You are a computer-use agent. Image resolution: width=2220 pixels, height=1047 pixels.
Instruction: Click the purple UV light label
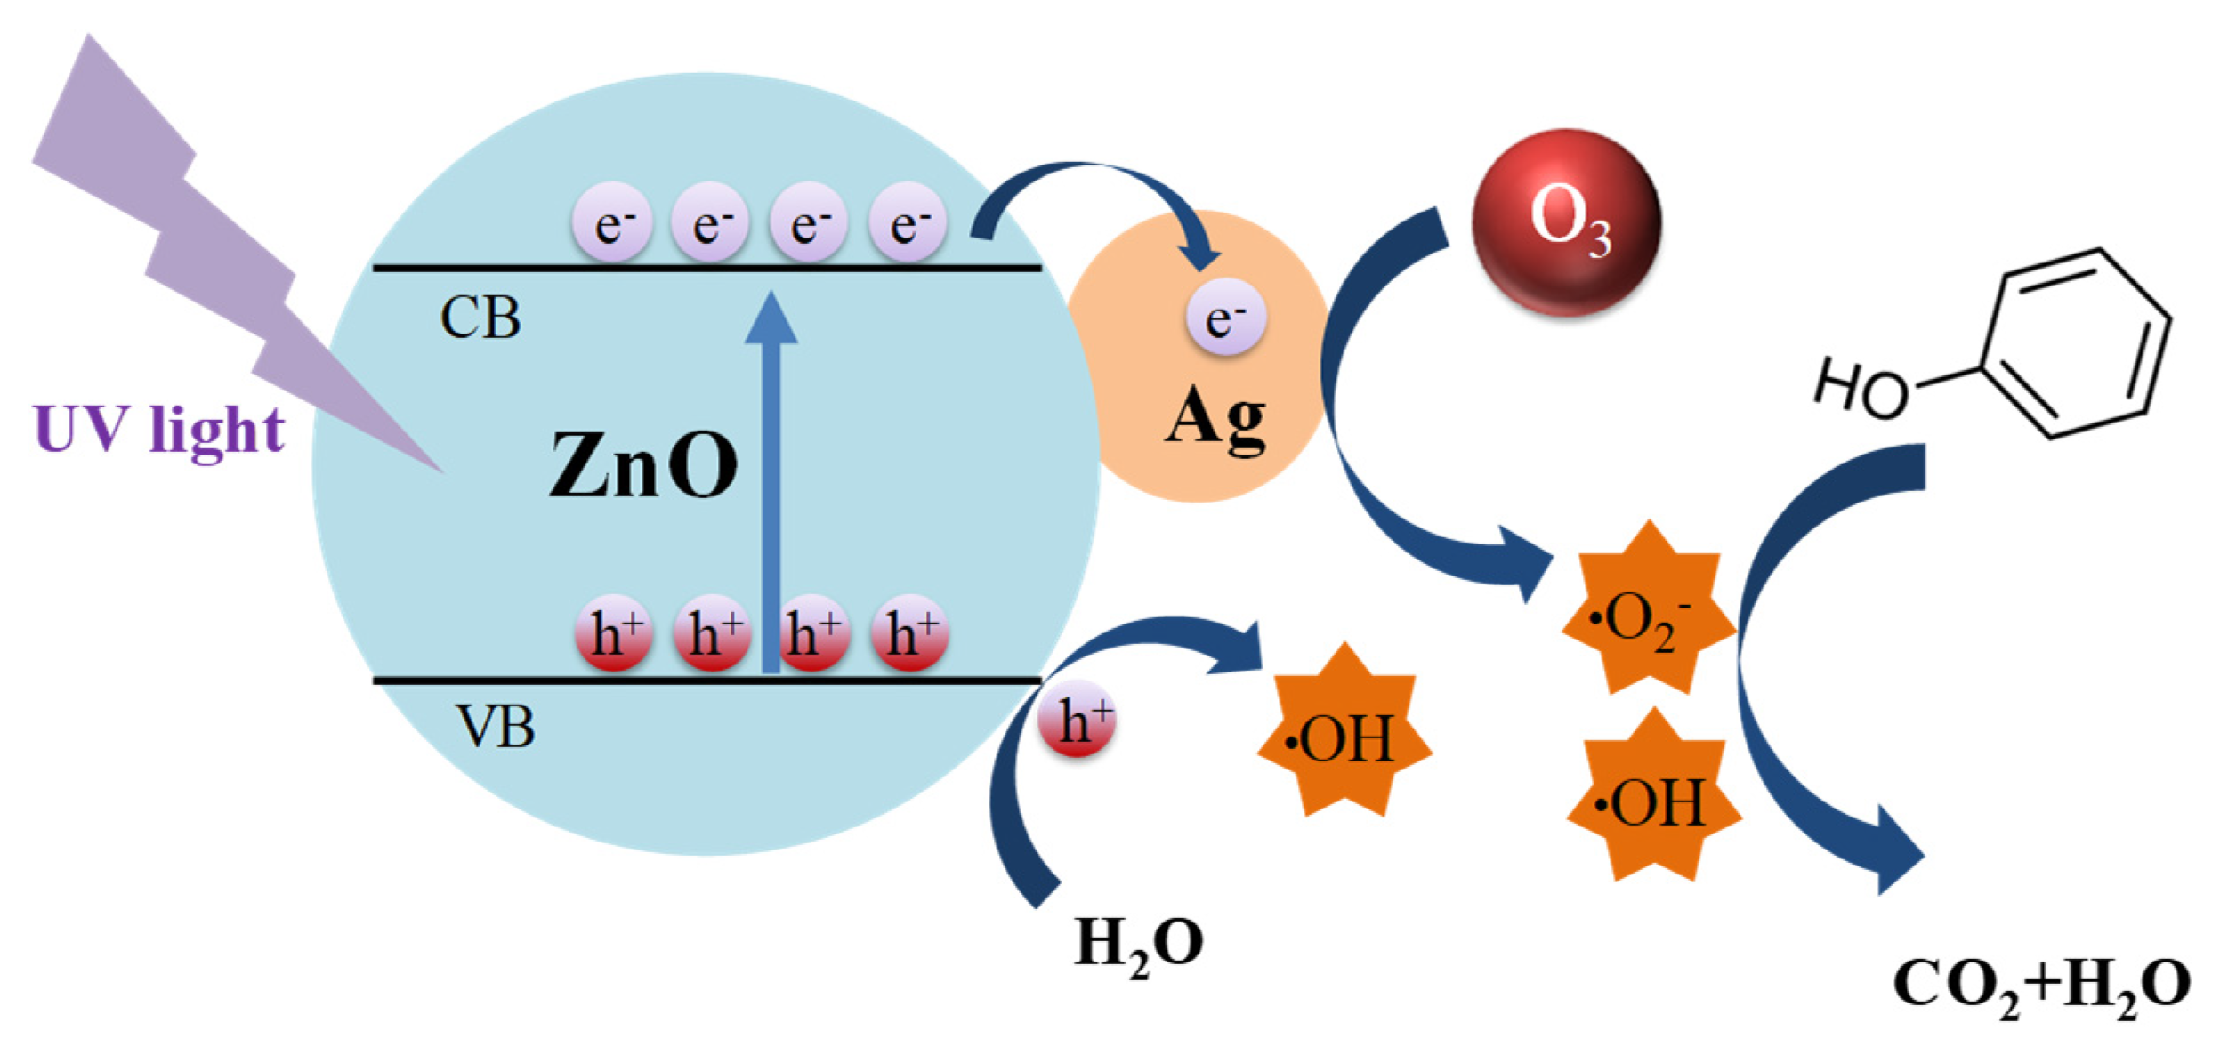pos(158,431)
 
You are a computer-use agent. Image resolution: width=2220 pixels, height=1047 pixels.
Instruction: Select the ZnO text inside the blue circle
pos(642,466)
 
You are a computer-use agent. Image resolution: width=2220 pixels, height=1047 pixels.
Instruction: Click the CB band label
pos(480,318)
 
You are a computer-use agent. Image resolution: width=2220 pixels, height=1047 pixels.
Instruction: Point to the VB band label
pos(496,728)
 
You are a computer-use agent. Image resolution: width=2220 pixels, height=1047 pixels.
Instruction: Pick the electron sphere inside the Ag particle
pos(1225,318)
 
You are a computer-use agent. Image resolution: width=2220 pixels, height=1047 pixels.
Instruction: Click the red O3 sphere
pos(1566,222)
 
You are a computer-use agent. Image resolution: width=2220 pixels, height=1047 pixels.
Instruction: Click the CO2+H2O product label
pos(2040,986)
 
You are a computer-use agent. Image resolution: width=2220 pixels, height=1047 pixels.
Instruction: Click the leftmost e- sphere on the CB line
pos(611,222)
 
